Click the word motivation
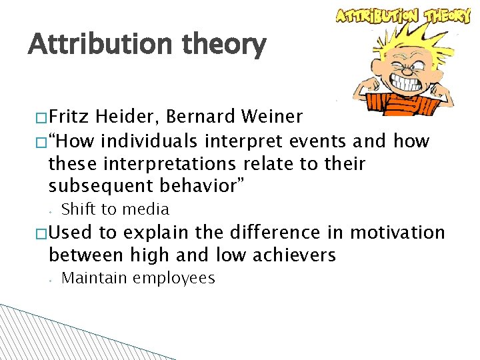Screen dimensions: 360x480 point(397,233)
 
